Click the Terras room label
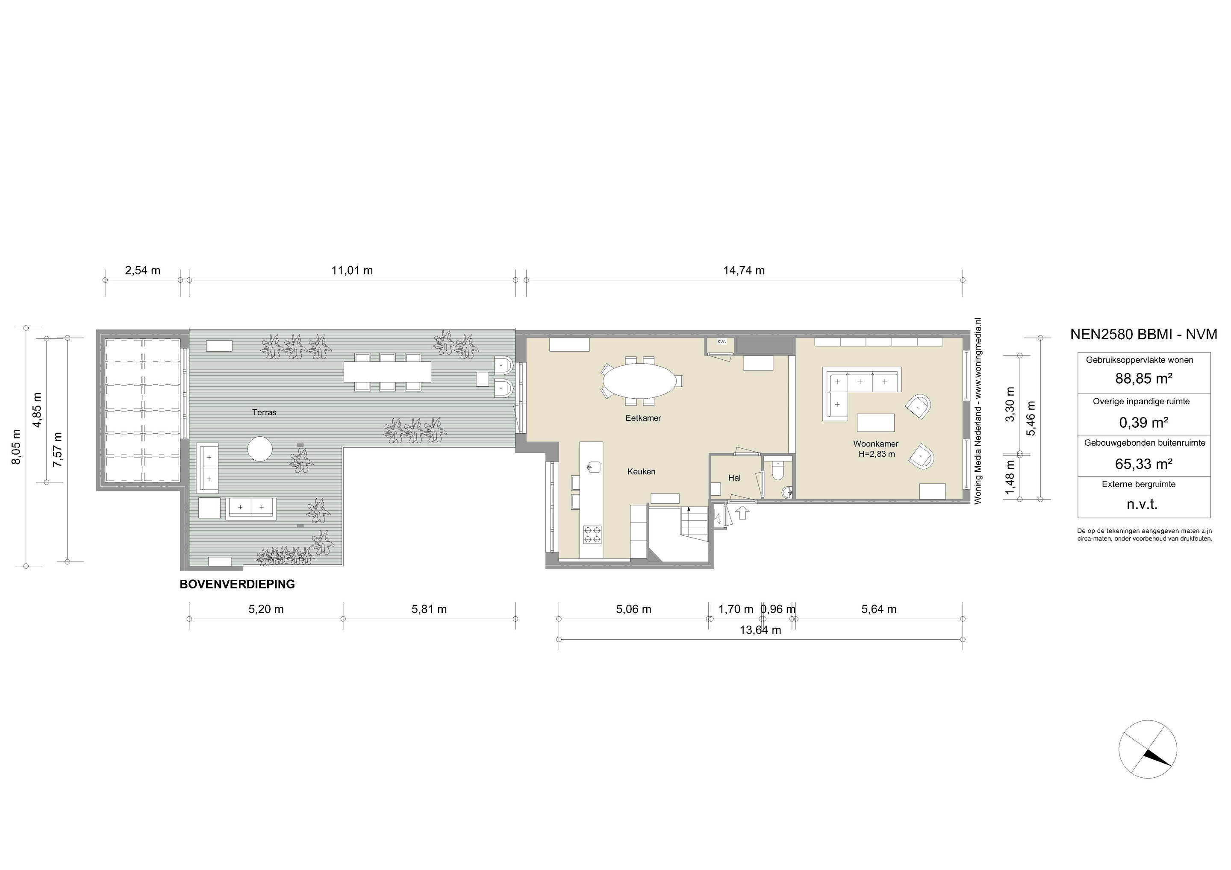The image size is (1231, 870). [x=264, y=412]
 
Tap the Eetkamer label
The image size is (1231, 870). [x=643, y=418]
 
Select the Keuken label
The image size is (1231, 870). [x=641, y=472]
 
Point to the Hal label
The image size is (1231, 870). [x=734, y=478]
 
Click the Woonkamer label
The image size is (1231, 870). [x=875, y=444]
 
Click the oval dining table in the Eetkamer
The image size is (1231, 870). [x=639, y=381]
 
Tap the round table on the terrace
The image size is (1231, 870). [x=261, y=449]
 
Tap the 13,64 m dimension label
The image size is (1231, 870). [x=760, y=630]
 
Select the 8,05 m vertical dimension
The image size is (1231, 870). [x=17, y=447]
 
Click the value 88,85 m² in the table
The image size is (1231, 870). [x=1144, y=379]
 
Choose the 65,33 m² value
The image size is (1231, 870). [x=1144, y=464]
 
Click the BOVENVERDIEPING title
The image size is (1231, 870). [x=237, y=584]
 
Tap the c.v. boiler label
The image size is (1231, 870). [x=721, y=341]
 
